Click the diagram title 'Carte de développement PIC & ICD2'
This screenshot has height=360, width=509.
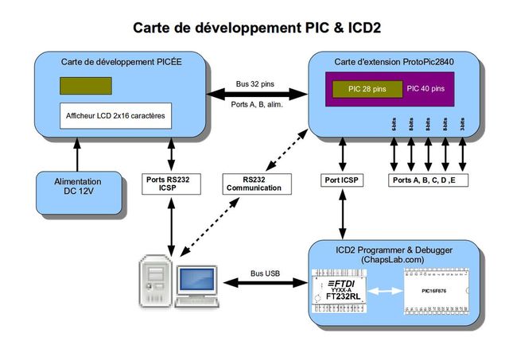point(256,28)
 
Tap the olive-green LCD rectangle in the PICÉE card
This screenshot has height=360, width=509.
point(85,86)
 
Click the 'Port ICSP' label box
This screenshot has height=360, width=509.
point(342,180)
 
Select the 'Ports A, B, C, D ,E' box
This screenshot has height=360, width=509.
point(430,180)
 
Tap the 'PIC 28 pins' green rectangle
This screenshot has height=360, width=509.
point(367,88)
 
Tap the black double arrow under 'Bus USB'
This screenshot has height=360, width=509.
point(266,282)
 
